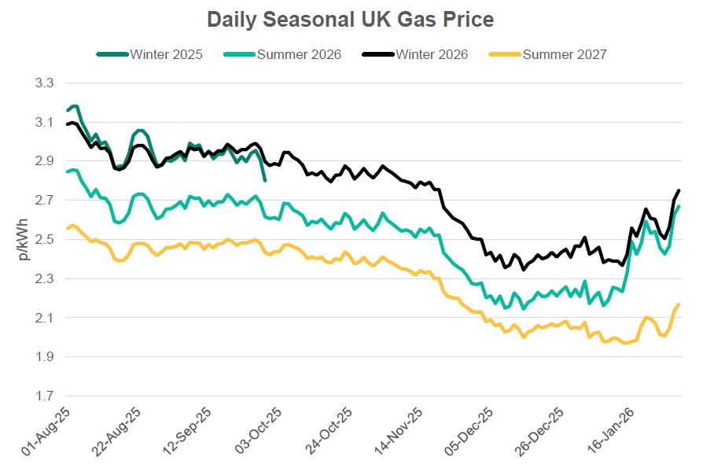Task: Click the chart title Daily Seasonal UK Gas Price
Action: tap(351, 18)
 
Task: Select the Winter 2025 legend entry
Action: tap(166, 54)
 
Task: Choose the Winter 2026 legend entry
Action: tap(432, 54)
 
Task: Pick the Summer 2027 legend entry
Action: tap(564, 54)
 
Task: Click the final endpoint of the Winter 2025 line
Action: tap(265, 180)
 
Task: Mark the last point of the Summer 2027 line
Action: tap(679, 304)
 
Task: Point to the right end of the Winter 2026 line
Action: tap(679, 190)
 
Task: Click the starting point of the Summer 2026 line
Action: tap(68, 171)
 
